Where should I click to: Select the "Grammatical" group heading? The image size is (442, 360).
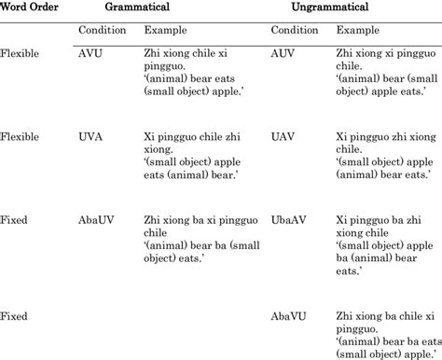[169, 8]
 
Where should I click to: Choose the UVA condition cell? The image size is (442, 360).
[91, 135]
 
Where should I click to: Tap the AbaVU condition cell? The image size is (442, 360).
[289, 318]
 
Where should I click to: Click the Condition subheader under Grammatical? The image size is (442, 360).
[101, 31]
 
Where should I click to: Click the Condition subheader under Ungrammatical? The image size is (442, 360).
[293, 31]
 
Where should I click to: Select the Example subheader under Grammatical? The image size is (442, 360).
[167, 31]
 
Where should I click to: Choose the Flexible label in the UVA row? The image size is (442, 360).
[20, 135]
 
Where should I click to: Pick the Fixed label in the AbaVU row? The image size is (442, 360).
[14, 318]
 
